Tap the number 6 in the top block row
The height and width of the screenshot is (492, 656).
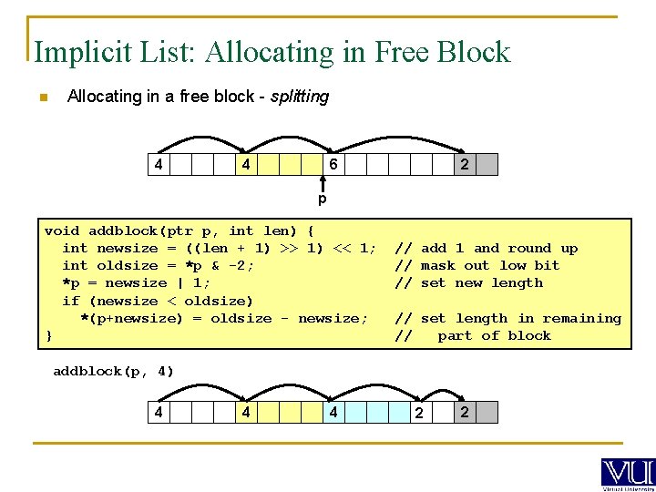pos(334,165)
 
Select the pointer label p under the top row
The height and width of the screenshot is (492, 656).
pos(322,199)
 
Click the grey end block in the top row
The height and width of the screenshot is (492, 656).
pos(487,165)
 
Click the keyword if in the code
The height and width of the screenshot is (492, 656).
pos(70,301)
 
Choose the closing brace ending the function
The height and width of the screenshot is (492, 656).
pos(49,335)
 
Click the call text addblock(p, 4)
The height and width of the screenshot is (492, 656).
pos(113,372)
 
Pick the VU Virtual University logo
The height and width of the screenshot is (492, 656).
pos(627,474)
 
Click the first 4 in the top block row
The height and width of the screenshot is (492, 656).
pos(159,165)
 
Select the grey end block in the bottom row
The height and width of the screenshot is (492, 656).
pos(487,413)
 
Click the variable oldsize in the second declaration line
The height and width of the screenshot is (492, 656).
pos(127,266)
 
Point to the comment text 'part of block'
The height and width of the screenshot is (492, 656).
pos(494,336)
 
